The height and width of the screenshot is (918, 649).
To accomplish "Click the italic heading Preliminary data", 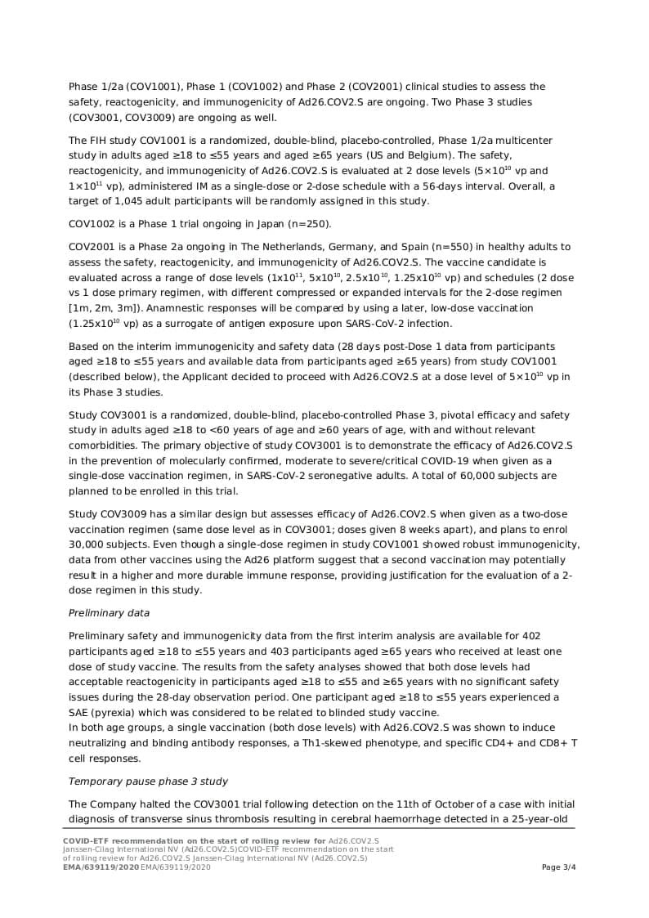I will click(109, 613).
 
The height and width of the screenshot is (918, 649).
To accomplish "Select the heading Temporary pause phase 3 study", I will click(148, 781).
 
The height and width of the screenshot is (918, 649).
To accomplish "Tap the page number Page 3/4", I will click(559, 867).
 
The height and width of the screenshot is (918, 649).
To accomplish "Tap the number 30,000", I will click(87, 544).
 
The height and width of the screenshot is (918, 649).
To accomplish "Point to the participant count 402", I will click(530, 636).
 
